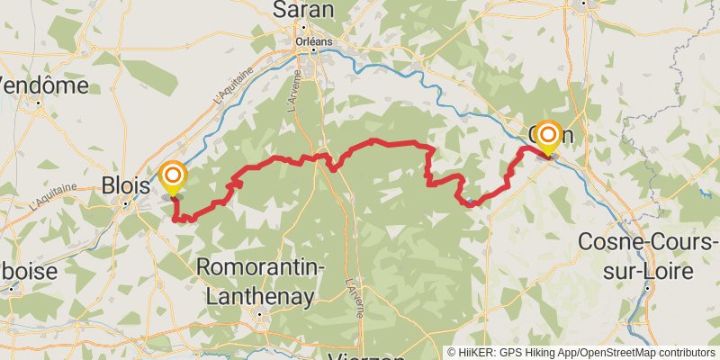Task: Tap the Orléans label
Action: pos(314,41)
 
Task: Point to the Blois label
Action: pos(125,184)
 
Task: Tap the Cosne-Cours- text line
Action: pos(647,242)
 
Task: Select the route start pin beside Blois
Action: pos(172,175)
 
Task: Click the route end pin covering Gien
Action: pos(546,136)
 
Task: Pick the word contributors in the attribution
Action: pos(682,352)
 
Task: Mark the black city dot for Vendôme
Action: pos(39,103)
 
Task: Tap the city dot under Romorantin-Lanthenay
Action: pos(259,314)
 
